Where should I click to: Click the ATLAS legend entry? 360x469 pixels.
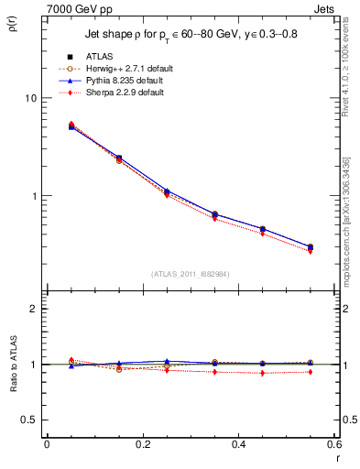coord(98,57)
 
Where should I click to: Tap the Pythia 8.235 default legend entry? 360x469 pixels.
coord(123,81)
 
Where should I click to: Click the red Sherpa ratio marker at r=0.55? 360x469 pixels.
coord(311,372)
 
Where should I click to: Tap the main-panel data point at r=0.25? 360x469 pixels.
coord(167,191)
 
